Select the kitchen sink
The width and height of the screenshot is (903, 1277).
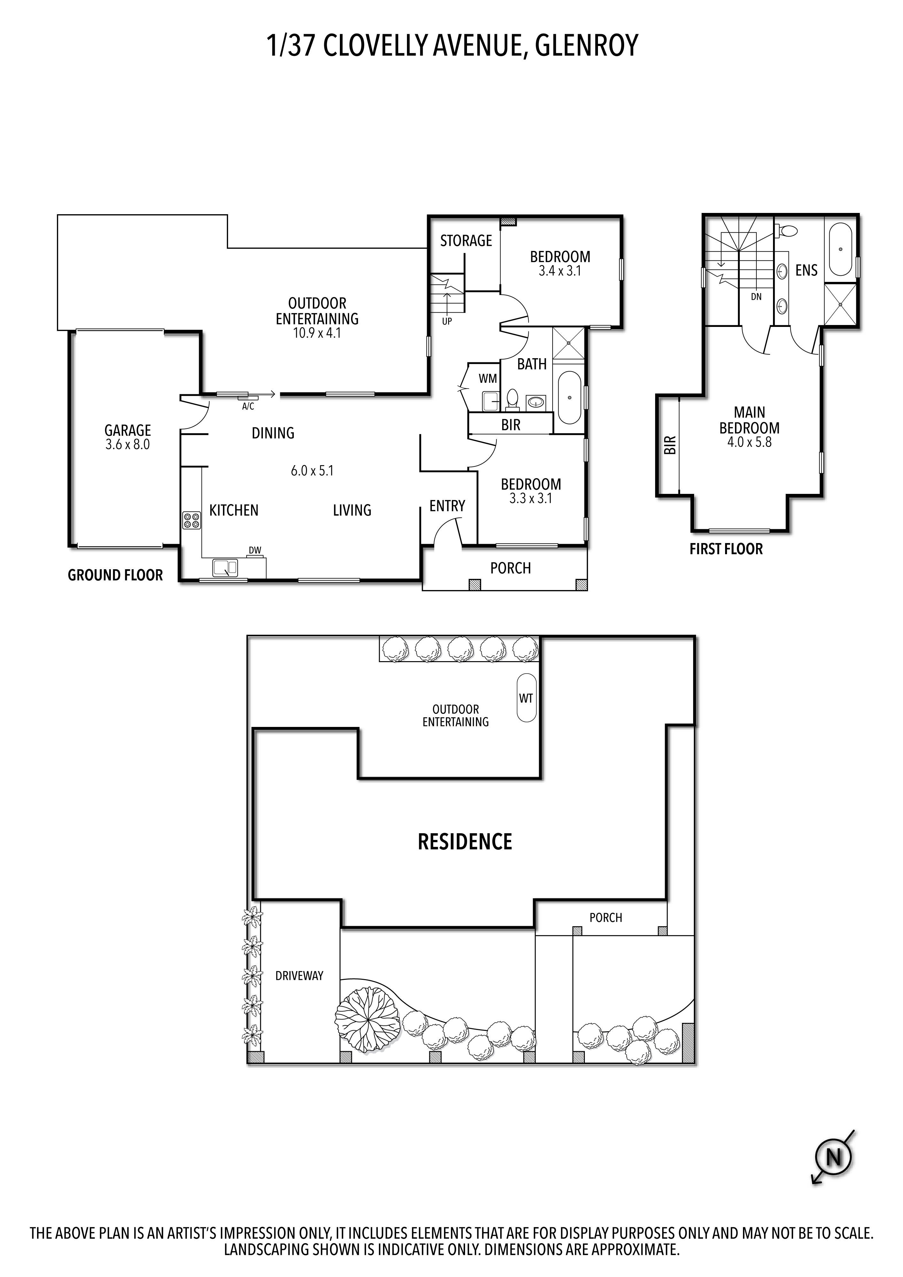[x=225, y=567]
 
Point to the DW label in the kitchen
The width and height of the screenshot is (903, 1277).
[x=255, y=551]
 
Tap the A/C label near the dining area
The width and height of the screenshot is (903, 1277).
[x=248, y=407]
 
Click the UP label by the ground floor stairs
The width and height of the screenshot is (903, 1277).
[x=447, y=321]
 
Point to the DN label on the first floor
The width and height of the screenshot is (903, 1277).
[x=756, y=297]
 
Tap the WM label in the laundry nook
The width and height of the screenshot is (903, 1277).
[x=488, y=379]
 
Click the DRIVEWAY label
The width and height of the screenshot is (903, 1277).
[x=299, y=976]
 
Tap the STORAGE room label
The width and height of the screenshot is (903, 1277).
[x=466, y=240]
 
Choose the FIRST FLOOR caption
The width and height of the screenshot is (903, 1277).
[x=726, y=549]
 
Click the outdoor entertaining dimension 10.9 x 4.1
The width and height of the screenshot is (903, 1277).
[x=317, y=333]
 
